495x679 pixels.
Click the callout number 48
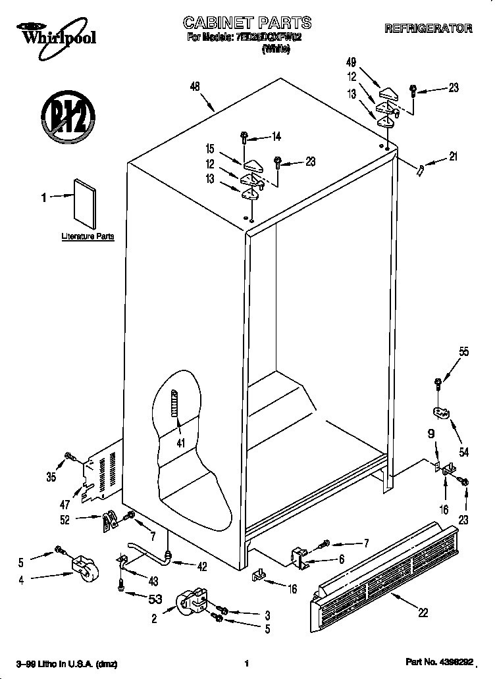coord(194,86)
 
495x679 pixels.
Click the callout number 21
coord(453,157)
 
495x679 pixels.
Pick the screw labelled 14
coord(244,138)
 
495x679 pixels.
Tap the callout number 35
coord(51,477)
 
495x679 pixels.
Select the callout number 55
coord(464,352)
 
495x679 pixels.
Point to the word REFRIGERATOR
coord(428,28)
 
